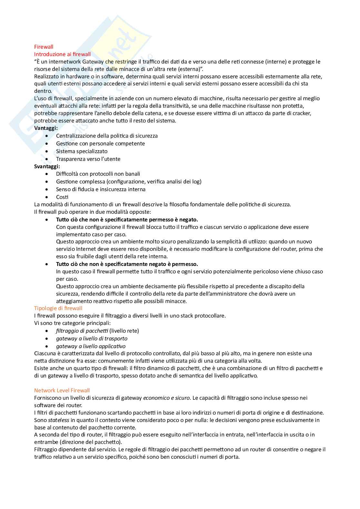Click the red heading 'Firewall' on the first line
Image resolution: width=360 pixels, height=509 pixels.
point(44,47)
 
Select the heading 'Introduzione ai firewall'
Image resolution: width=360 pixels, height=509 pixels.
point(63,54)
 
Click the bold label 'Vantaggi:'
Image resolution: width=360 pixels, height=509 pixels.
point(46,128)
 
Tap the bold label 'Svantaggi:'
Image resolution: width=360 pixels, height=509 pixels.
point(47,166)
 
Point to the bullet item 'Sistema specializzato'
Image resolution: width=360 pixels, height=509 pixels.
point(82,151)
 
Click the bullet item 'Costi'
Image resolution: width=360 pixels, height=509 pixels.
point(62,197)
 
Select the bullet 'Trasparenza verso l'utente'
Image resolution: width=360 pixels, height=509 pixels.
point(88,159)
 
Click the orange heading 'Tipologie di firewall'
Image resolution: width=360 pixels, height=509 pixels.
point(58,308)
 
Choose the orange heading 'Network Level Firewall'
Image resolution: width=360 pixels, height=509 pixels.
point(62,391)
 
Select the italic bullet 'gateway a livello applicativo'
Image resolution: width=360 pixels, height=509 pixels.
point(91,346)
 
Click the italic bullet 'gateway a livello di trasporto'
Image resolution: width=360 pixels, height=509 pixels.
point(92,338)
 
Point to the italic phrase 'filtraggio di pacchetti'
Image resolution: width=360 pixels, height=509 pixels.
point(82,331)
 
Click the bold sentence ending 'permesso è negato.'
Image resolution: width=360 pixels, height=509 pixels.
point(127,220)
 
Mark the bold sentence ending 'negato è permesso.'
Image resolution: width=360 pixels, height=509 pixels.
point(127,264)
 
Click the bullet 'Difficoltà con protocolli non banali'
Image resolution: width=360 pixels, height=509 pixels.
point(98,174)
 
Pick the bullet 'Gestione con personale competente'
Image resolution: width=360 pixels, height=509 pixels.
point(100,143)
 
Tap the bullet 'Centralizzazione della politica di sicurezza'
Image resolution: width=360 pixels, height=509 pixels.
point(107,136)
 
